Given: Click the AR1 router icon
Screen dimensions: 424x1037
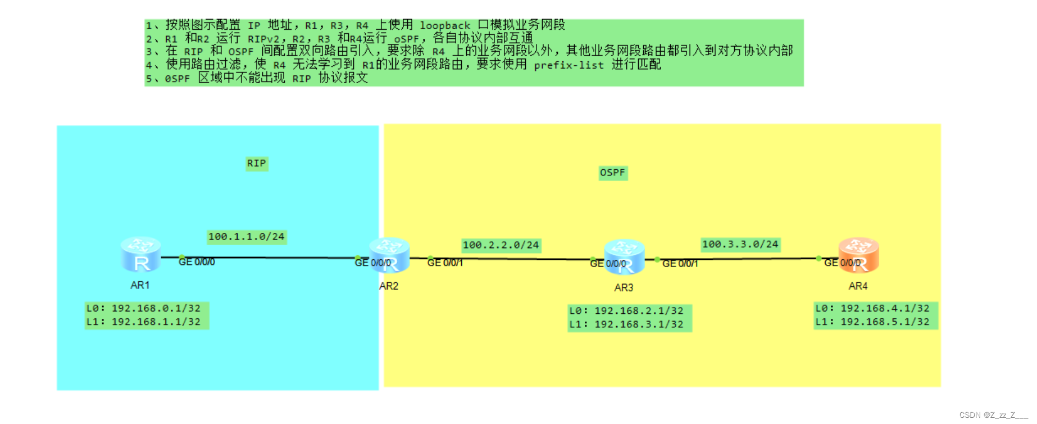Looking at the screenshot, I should click(140, 254).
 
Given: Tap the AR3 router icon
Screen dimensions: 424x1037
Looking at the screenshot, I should click(624, 256).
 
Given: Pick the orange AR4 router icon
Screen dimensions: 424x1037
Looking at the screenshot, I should click(858, 255).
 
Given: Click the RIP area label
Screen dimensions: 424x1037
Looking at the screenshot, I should click(256, 163).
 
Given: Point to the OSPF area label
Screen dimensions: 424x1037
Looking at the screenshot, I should click(612, 173).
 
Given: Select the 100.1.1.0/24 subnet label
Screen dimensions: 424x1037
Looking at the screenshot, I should click(246, 237).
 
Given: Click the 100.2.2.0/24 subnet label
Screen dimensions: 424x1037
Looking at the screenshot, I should click(501, 245).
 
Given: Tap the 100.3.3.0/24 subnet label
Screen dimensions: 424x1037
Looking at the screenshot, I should click(740, 244).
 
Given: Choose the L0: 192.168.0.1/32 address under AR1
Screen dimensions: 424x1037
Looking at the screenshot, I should click(143, 308).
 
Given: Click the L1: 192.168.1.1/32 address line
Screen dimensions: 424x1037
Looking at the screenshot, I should click(143, 322).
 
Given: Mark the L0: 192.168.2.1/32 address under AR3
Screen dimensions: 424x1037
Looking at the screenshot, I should click(626, 310).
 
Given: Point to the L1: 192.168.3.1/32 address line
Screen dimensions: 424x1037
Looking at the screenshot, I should click(626, 324).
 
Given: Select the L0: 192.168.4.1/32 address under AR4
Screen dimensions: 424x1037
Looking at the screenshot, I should click(872, 308).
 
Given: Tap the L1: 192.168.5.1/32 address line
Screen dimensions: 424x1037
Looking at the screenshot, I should click(872, 322).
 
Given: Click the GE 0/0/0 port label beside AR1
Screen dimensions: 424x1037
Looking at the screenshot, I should click(197, 262).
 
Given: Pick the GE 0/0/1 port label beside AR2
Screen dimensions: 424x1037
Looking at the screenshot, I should click(445, 263).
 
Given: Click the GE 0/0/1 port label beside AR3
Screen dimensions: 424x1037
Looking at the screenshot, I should click(680, 264).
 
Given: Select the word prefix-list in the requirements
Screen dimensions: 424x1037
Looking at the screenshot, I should click(568, 65).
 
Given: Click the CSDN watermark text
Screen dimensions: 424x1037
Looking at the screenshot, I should click(992, 415).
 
